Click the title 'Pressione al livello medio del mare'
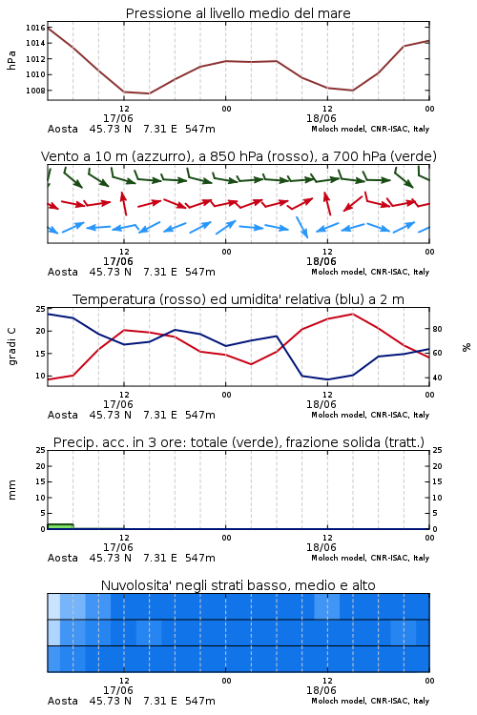[x=238, y=13]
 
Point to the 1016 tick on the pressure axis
[x=35, y=28]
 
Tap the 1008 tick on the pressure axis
[x=35, y=91]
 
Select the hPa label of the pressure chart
[x=11, y=60]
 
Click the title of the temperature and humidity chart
[x=238, y=299]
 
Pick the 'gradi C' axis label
[x=11, y=347]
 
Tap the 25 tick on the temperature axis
[x=41, y=309]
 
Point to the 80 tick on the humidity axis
[x=437, y=329]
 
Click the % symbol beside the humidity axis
[x=467, y=347]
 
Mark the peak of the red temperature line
[x=353, y=314]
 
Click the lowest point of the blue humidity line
[x=327, y=379]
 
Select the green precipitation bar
[x=61, y=526]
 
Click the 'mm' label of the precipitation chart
[x=11, y=490]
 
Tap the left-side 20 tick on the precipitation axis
[x=41, y=466]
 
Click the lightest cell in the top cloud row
[x=53, y=606]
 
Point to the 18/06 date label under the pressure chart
[x=321, y=118]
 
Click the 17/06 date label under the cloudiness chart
[x=118, y=690]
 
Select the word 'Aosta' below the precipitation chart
[x=63, y=558]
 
